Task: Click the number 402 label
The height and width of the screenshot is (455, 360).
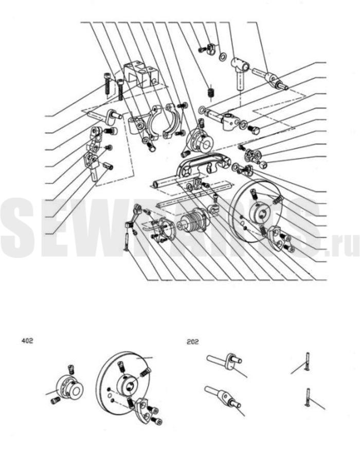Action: (x=27, y=340)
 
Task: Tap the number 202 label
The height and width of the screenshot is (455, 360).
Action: (x=193, y=342)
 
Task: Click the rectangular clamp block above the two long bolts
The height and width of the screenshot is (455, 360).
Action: (x=142, y=74)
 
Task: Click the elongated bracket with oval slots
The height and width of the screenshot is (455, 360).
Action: (x=202, y=166)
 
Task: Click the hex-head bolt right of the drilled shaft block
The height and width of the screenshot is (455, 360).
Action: (x=255, y=129)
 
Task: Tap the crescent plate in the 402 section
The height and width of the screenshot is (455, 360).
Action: (x=142, y=408)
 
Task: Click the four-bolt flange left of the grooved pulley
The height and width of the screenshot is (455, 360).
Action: (x=163, y=230)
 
